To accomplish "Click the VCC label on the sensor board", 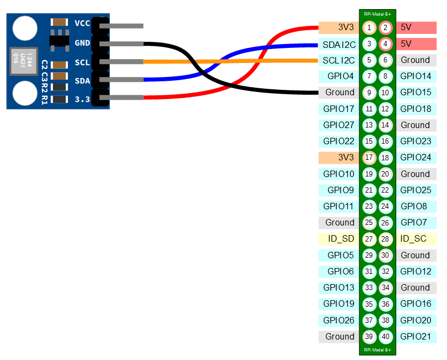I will click(82, 23).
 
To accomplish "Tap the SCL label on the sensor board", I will click(82, 62).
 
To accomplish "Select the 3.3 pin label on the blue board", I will click(82, 98).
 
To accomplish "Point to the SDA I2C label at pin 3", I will click(339, 44).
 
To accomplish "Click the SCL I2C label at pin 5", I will click(339, 60).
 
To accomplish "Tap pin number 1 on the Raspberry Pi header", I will click(369, 27).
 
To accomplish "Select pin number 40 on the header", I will click(385, 336).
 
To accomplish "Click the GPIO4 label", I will click(339, 76).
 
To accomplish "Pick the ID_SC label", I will click(415, 238).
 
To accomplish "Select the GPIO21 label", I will click(415, 336).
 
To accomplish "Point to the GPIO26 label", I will click(339, 320).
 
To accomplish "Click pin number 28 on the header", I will click(385, 239).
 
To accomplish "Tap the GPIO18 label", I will click(415, 109).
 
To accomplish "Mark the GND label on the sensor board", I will click(82, 43).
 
